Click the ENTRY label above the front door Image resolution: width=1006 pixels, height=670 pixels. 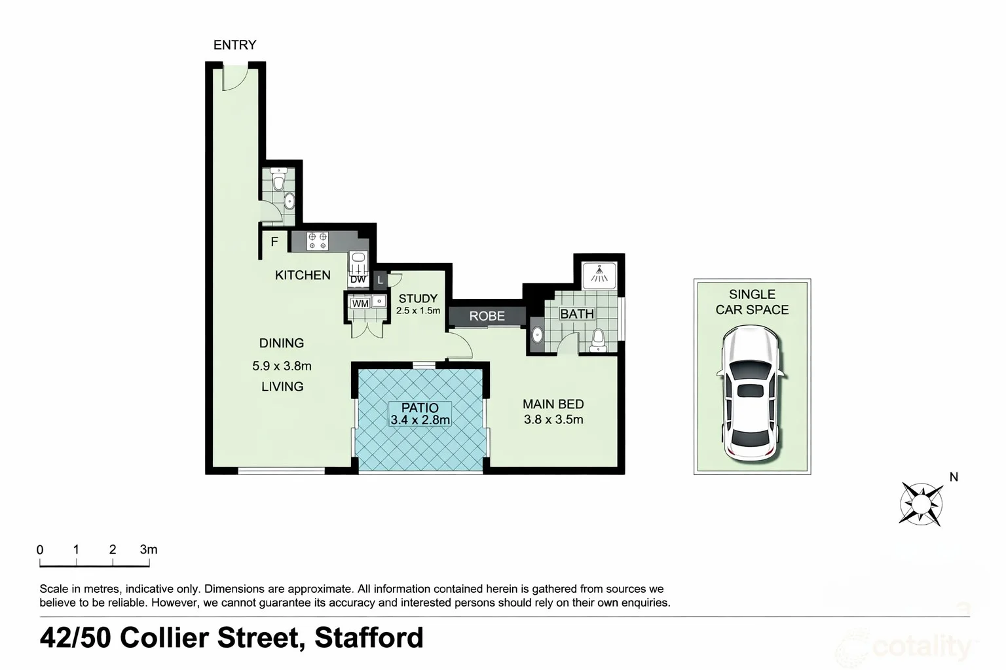point(234,44)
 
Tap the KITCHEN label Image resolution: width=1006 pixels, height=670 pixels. point(303,275)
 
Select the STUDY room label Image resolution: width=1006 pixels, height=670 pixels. point(418,298)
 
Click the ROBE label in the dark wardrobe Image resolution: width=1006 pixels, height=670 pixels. point(487,316)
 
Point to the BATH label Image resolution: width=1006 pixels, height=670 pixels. point(576,314)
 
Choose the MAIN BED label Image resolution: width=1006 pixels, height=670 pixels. point(553,404)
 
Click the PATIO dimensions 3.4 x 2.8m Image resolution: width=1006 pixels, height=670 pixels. point(420,420)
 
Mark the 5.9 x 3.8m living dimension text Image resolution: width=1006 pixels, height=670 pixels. point(282,366)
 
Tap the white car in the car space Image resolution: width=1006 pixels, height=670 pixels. point(752,393)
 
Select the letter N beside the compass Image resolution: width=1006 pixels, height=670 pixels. point(954,477)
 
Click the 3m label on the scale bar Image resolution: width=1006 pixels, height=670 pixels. point(149,550)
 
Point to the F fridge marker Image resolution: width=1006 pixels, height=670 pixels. point(274,241)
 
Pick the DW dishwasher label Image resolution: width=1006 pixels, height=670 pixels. point(358,279)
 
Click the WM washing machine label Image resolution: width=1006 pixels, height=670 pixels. point(360,304)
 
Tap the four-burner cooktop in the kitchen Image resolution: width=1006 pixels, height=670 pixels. point(318,241)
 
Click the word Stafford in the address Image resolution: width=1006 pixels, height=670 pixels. point(369,637)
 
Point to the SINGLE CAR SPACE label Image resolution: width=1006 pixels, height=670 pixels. point(752,302)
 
